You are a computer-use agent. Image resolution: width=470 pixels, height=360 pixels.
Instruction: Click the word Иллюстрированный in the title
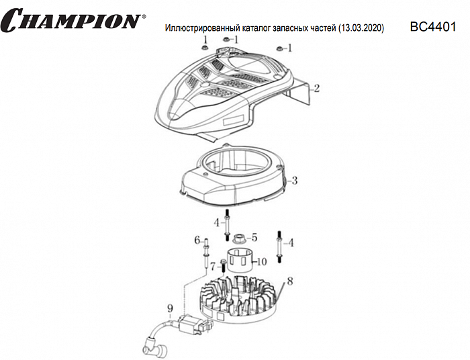pyautogui.click(x=197, y=30)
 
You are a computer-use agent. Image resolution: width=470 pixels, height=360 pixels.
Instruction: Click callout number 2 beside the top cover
pyautogui.click(x=316, y=88)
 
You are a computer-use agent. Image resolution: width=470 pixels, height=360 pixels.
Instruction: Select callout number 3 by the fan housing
pyautogui.click(x=295, y=180)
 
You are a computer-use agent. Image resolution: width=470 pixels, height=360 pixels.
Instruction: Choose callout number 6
pyautogui.click(x=197, y=240)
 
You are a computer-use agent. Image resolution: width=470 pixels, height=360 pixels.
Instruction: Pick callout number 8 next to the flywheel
pyautogui.click(x=289, y=280)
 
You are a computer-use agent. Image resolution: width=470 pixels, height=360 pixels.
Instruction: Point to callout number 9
pyautogui.click(x=170, y=308)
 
